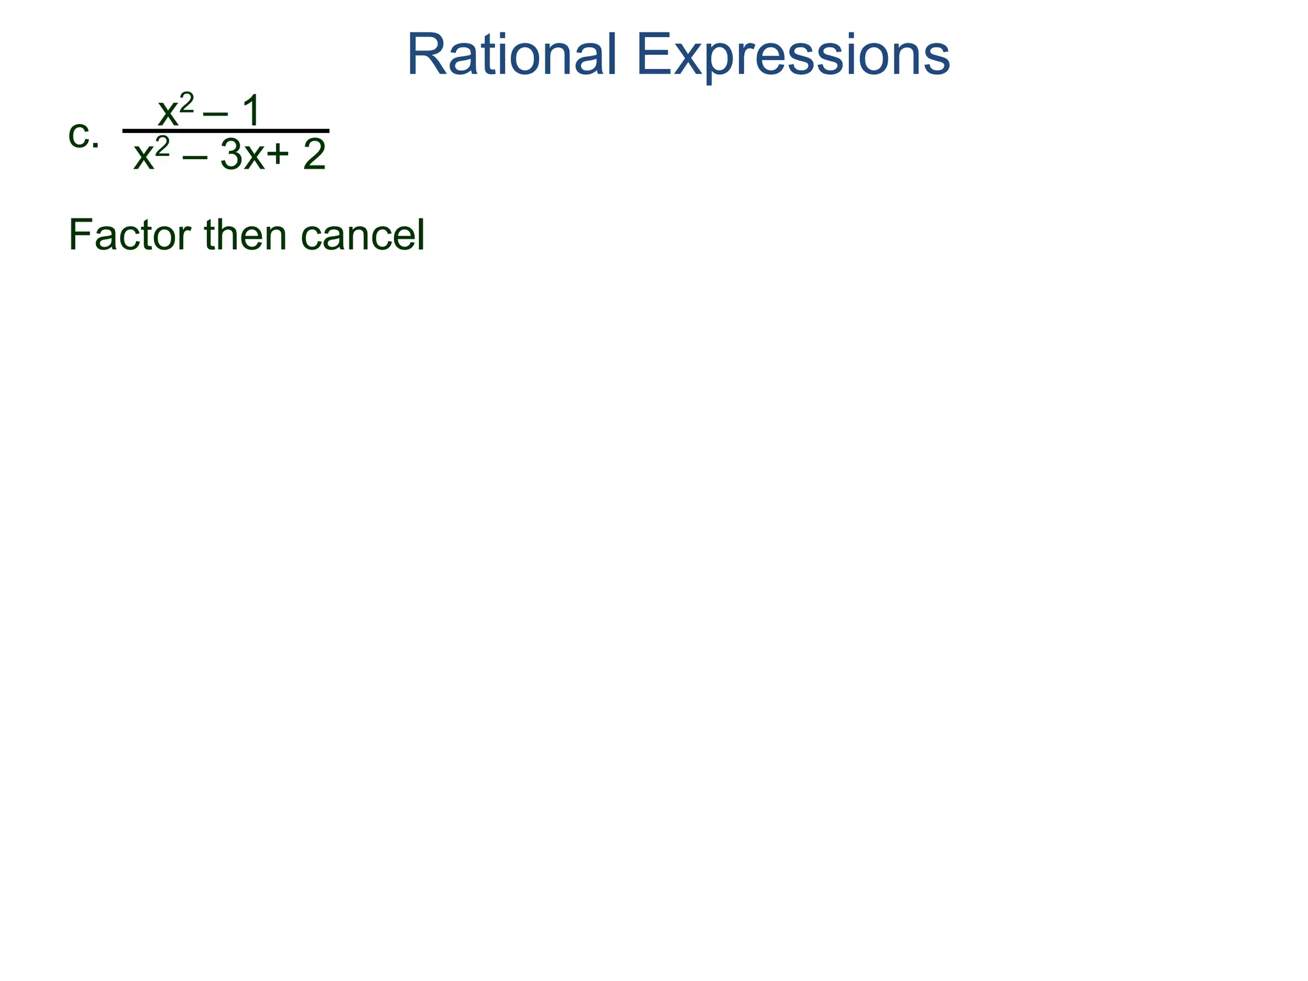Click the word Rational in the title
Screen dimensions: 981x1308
pyautogui.click(x=511, y=56)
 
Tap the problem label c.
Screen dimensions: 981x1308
pyautogui.click(x=83, y=135)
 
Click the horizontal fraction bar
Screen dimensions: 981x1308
pyautogui.click(x=225, y=131)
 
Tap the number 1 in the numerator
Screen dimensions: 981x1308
pyautogui.click(x=251, y=111)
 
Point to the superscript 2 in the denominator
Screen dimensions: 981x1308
pyautogui.click(x=163, y=147)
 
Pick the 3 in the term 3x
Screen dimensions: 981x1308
pyautogui.click(x=231, y=156)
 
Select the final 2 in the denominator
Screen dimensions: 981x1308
pyautogui.click(x=314, y=155)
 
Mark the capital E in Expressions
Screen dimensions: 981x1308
pyautogui.click(x=654, y=56)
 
